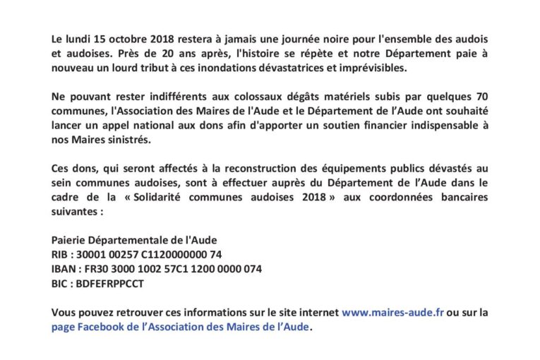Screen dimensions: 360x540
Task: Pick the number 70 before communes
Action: pos(480,95)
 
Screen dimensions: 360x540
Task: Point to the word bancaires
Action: pos(463,197)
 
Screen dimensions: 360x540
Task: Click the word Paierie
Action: pos(69,240)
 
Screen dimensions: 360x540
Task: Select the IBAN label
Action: pos(64,270)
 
